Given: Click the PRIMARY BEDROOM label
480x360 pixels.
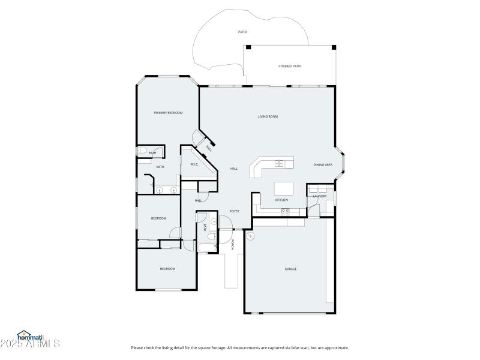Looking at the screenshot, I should (168, 113).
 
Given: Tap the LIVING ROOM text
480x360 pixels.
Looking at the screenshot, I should (268, 116).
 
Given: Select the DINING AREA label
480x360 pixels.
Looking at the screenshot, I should (323, 164).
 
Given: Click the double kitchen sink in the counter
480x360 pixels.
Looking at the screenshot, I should (279, 163).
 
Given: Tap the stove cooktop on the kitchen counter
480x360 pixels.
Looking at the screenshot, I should (286, 211).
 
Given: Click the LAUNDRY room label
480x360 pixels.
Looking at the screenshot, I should (320, 196).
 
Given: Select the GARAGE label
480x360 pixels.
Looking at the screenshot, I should (290, 269).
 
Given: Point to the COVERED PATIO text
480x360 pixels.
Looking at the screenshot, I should (290, 67).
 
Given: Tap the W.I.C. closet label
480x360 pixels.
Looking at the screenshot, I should (194, 164).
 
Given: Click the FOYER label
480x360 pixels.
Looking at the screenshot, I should (235, 211).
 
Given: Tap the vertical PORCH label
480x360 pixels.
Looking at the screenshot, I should (232, 244).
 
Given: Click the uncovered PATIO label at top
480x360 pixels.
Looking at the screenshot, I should (242, 32).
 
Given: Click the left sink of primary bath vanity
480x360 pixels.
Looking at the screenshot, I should (160, 190).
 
